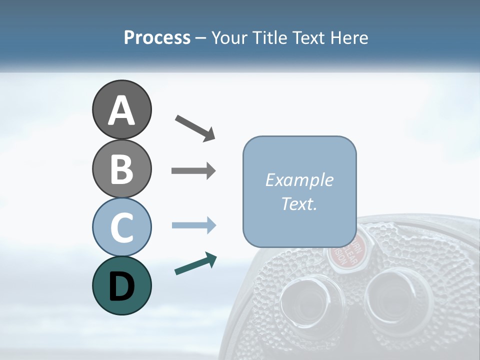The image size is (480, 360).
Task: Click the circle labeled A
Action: pos(121,109)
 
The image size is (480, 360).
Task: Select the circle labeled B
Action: pos(121,168)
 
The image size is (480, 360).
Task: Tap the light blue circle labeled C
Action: pos(121,227)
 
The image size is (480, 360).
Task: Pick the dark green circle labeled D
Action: pos(121,285)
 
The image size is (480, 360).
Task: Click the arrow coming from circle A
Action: pos(195,128)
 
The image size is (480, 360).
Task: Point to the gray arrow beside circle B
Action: pos(193,171)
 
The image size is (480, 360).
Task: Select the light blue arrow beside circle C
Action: pos(193,225)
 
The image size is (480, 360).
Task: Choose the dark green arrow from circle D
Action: pos(195,264)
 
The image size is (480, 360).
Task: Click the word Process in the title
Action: pos(157,37)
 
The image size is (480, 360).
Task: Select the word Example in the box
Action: pos(299,180)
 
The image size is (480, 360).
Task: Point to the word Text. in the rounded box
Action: pos(299,203)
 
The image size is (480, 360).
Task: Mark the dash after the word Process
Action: pos(201,38)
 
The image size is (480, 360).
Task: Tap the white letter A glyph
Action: pos(121,110)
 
